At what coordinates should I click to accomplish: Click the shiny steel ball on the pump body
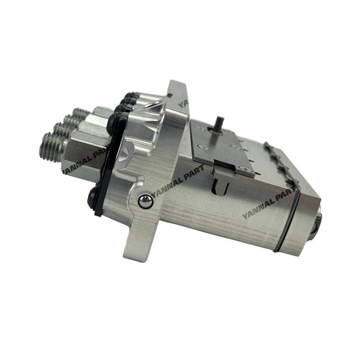(x=145, y=202)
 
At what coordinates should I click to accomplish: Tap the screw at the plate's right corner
(x=244, y=168)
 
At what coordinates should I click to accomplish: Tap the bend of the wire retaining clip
(x=299, y=187)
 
